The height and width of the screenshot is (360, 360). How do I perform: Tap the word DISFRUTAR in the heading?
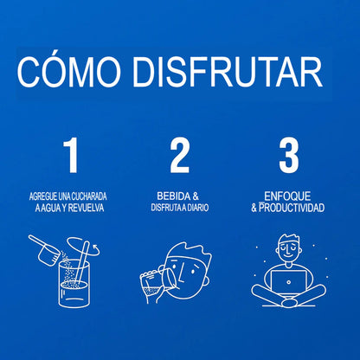(x=228, y=72)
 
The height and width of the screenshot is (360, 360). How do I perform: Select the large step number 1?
(x=72, y=156)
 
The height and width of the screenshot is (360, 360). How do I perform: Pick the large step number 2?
(x=180, y=156)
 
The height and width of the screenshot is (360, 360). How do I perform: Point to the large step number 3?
(x=289, y=156)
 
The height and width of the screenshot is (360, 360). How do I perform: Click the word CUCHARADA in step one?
(x=89, y=196)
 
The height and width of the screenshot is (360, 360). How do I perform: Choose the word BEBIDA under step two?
(x=174, y=196)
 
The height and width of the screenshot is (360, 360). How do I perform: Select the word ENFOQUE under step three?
(x=287, y=196)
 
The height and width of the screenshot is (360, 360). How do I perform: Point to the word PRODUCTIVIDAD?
(x=292, y=208)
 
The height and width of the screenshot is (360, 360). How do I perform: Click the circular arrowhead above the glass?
(x=95, y=247)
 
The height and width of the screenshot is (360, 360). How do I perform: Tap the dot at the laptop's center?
(x=288, y=282)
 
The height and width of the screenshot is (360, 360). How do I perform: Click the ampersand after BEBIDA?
(x=196, y=196)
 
